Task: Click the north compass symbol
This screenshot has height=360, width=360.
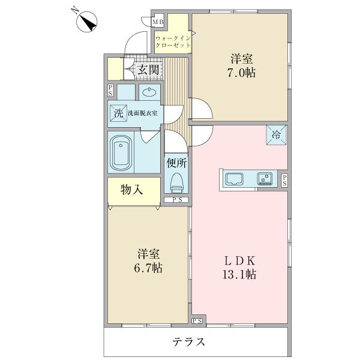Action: pos(87,22)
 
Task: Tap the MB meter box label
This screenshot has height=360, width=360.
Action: pos(158,22)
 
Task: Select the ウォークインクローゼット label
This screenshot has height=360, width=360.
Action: pos(173,41)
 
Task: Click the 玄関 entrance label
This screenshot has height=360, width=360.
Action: pos(148,70)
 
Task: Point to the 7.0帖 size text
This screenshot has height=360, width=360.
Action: pos(241,73)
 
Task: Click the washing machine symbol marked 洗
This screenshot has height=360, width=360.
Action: pos(118,113)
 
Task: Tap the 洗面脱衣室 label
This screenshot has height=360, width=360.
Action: pos(143,113)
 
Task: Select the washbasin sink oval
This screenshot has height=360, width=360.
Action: pos(149,92)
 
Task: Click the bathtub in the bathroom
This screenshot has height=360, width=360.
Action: pos(121,153)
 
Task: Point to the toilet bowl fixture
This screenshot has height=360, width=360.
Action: pos(176,182)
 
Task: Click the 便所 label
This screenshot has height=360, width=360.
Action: pos(176,163)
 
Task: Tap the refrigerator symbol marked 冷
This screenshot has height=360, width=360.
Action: pos(276,135)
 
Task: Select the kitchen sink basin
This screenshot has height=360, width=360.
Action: pos(235,179)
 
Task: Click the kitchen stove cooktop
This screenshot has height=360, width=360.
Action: pos(265,179)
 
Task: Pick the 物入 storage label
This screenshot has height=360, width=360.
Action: pos(131,190)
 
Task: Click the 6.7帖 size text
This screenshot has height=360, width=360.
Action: pos(148,268)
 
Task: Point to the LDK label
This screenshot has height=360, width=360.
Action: pos(239,261)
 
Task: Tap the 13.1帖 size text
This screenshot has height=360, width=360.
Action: pos(239,274)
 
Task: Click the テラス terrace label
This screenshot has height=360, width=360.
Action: pos(189,342)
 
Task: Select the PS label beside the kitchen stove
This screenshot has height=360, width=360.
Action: pos(284,181)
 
